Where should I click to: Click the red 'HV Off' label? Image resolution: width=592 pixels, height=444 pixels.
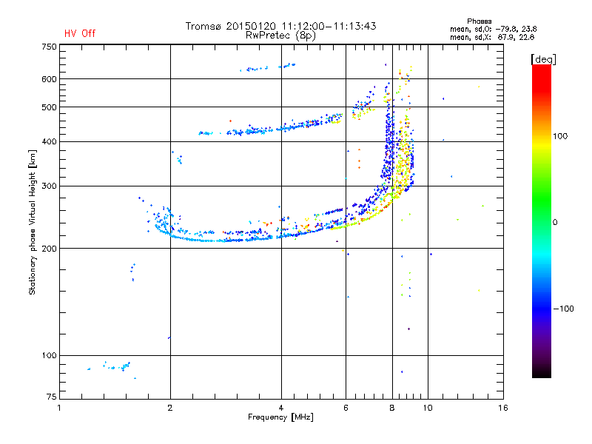tap(79, 33)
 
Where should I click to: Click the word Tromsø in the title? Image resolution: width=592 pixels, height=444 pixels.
tap(203, 26)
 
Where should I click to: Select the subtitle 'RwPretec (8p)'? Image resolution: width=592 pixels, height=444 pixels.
tap(280, 35)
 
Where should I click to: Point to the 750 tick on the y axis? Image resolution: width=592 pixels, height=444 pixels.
tap(48, 47)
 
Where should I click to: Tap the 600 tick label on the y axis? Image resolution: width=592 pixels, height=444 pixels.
tap(48, 79)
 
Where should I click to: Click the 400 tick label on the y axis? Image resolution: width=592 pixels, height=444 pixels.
tap(48, 141)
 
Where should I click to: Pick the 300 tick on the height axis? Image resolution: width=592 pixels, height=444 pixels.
tap(48, 186)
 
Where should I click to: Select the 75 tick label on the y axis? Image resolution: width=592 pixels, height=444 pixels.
tap(50, 400)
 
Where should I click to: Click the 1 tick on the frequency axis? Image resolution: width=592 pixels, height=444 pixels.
tap(59, 408)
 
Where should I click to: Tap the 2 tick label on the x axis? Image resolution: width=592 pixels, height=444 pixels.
tap(170, 408)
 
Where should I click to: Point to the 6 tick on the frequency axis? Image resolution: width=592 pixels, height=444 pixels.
tap(346, 408)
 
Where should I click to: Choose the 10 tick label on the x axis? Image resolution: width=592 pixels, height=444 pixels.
tap(428, 408)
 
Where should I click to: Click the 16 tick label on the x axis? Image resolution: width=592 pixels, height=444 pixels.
tap(502, 408)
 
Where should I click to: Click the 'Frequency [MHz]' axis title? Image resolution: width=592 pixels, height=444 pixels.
tap(280, 417)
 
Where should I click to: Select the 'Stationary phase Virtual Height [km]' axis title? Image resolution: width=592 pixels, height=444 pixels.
tap(33, 222)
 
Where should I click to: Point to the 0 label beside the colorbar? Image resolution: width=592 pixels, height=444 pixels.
tap(557, 222)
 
